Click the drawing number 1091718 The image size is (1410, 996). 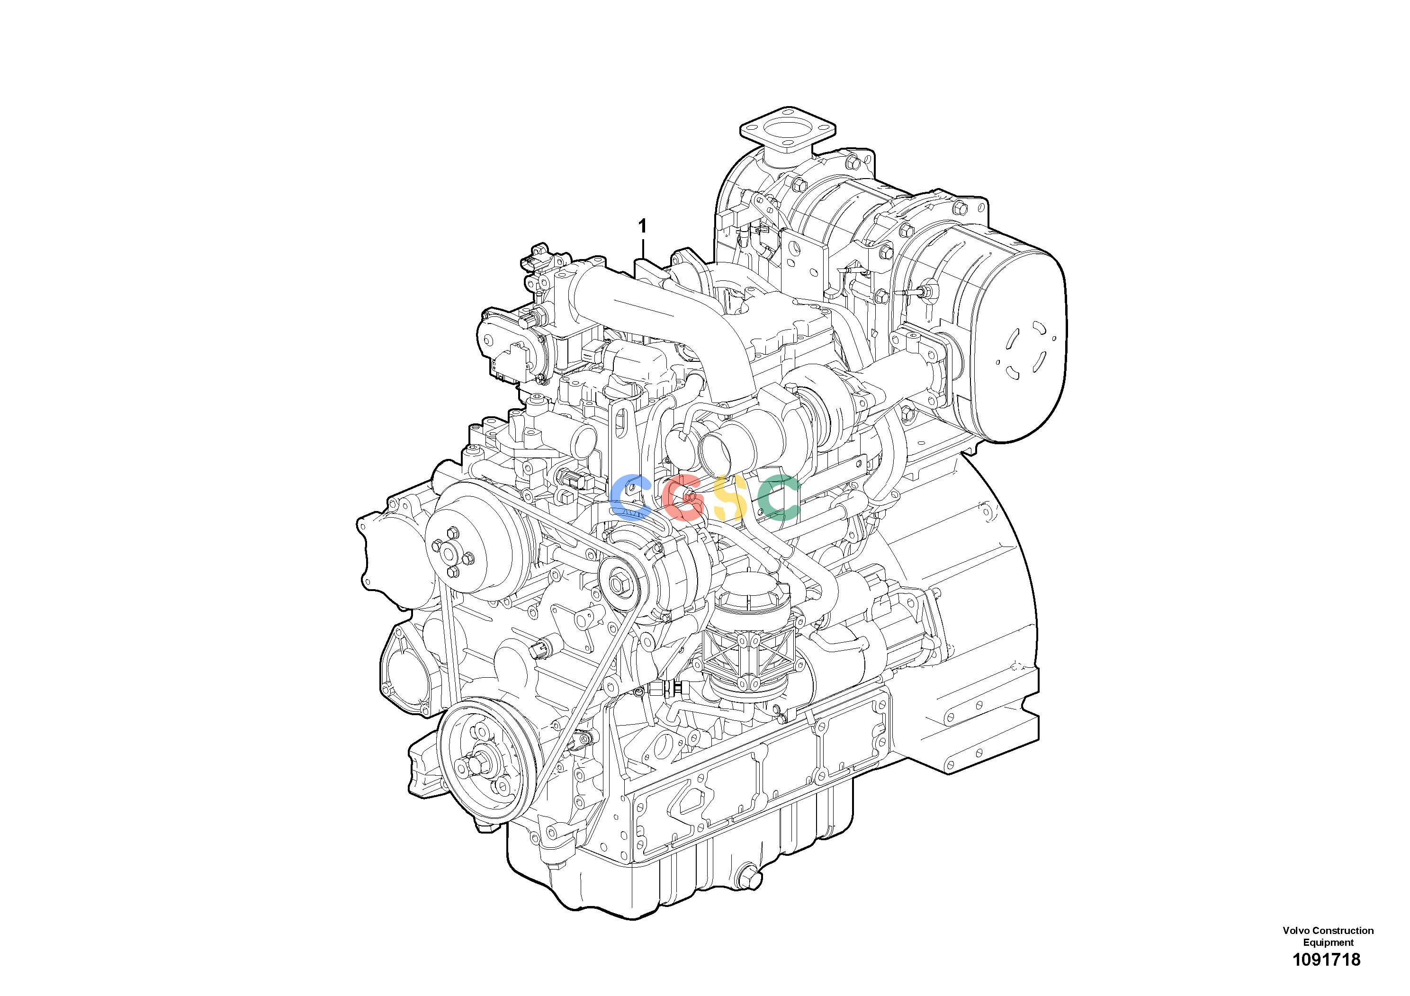[x=1327, y=977]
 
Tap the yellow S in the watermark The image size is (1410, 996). [x=731, y=497]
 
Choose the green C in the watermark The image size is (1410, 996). [x=779, y=497]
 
